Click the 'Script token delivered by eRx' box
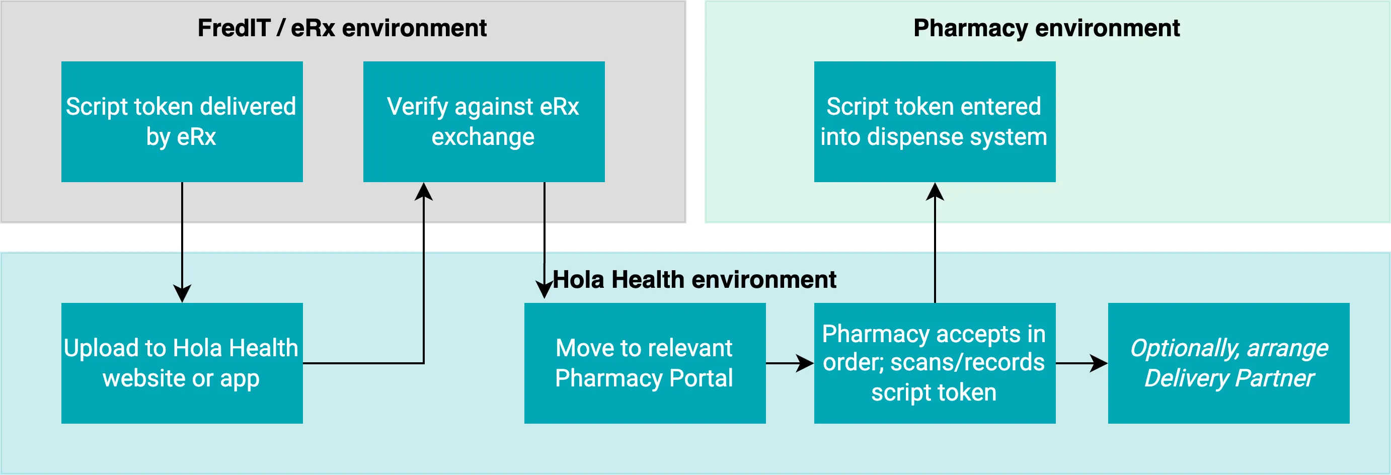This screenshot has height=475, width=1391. (182, 121)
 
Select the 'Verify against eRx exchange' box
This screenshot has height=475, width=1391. (483, 121)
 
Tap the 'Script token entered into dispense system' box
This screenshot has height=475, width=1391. (934, 121)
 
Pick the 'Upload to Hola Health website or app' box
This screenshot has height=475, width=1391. (182, 363)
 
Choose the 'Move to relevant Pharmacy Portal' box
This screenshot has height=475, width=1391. (644, 363)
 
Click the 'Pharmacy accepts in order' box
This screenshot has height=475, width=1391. (934, 363)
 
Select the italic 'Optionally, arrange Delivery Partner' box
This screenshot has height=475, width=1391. (1228, 363)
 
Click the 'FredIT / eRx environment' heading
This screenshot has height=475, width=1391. (342, 28)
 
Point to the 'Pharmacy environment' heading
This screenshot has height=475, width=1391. (1046, 28)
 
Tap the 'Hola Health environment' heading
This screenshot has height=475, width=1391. (694, 280)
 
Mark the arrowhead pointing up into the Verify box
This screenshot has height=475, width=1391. (424, 192)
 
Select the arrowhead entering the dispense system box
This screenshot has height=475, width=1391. (935, 192)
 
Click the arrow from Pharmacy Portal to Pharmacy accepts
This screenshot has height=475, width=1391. (790, 363)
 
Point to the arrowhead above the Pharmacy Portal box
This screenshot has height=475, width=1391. (545, 289)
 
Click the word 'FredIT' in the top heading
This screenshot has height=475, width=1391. (234, 28)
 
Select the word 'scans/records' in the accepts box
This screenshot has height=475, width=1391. (967, 362)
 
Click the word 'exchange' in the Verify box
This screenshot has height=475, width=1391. (483, 137)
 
